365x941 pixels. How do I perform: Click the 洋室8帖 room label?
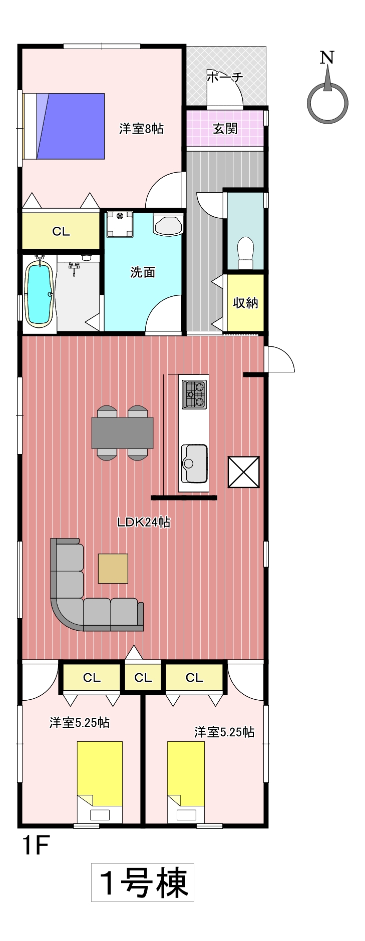[141, 129]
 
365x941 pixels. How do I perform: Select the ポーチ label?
[224, 77]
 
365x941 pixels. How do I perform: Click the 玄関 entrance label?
[225, 129]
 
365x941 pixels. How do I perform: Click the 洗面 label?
[143, 272]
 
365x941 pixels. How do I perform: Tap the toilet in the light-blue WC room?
[245, 253]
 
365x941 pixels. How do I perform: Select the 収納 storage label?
[245, 303]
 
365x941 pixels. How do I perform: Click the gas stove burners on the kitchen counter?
[194, 394]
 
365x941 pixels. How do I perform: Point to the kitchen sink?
[194, 463]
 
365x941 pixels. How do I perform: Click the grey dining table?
[122, 433]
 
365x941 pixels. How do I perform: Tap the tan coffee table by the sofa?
[113, 569]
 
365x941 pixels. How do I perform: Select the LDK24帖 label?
[144, 522]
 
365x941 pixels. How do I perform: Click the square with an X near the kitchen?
[244, 472]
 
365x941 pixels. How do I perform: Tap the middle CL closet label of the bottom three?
[143, 678]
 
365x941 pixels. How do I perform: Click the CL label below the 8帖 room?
[61, 231]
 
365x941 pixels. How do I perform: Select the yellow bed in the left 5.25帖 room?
[100, 782]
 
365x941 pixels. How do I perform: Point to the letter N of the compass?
[327, 58]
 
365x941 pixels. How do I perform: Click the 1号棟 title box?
[143, 882]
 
